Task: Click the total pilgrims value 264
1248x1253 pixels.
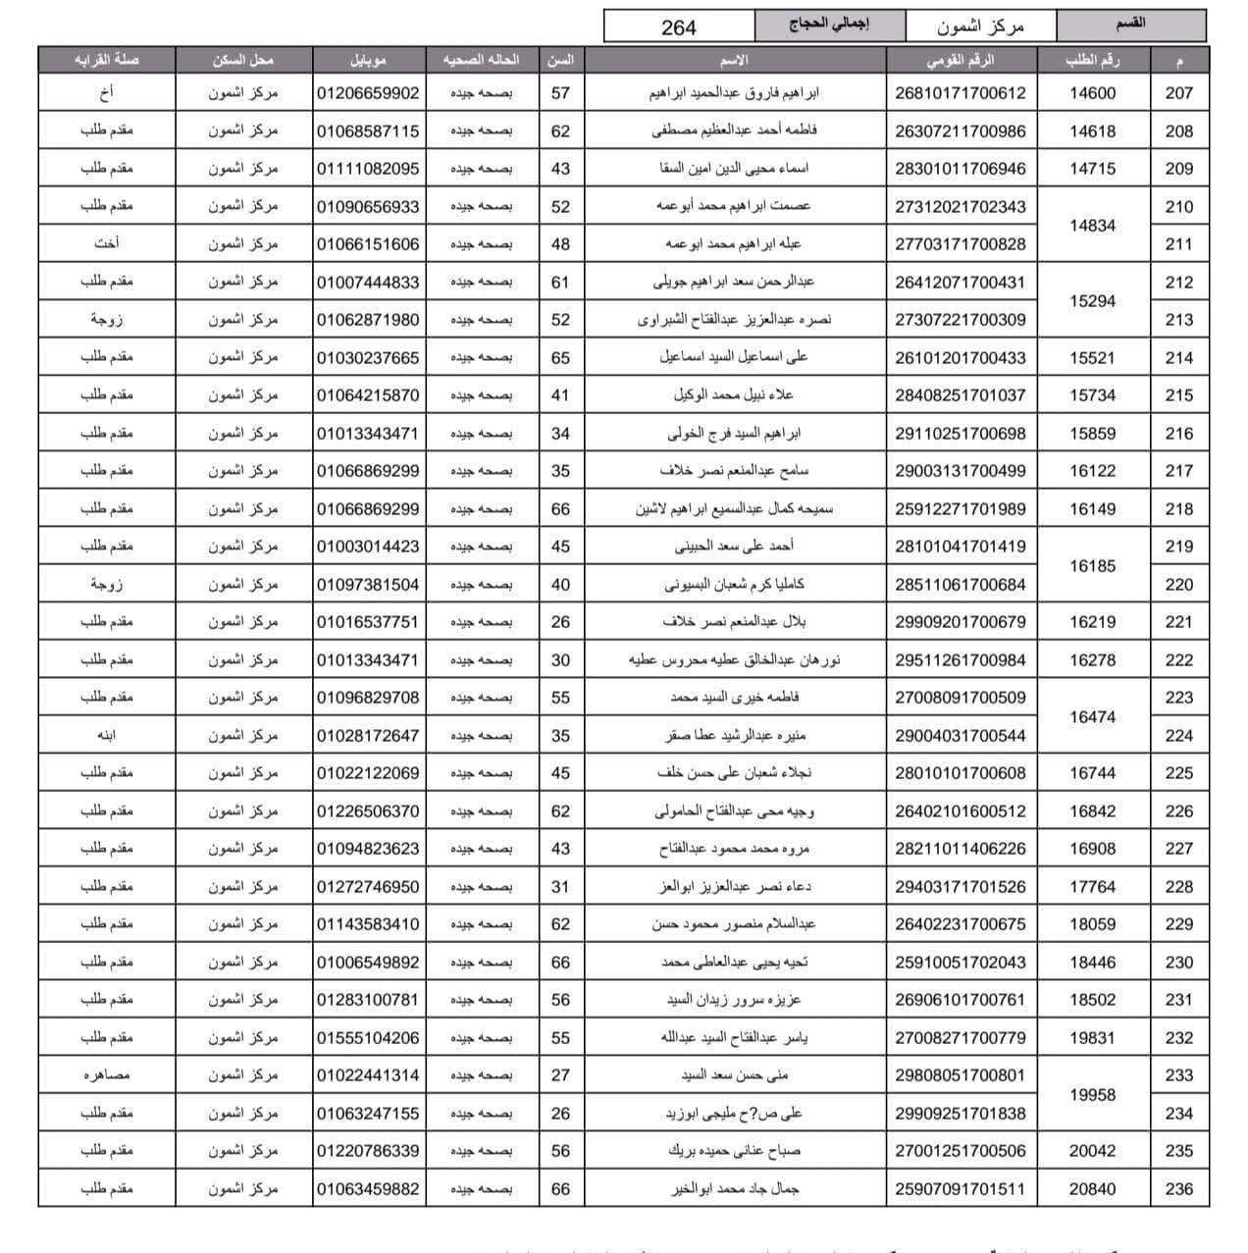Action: (678, 26)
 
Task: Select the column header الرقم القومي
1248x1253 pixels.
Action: (960, 60)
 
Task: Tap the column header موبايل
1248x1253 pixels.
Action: (368, 60)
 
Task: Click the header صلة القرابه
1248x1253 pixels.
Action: (107, 60)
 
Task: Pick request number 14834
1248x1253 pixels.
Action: (1092, 225)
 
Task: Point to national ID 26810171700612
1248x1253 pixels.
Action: (960, 93)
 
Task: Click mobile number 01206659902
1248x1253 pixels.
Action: (368, 93)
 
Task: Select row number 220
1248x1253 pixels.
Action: (1178, 585)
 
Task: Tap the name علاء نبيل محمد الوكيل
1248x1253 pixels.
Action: (734, 395)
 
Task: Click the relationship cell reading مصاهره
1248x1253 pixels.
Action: (107, 1075)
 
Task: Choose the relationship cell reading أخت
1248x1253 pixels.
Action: (107, 244)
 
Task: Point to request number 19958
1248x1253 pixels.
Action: (1092, 1094)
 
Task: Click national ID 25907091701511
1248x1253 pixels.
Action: (960, 1189)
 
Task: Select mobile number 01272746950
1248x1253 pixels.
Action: (368, 887)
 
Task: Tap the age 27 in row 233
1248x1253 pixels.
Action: (560, 1075)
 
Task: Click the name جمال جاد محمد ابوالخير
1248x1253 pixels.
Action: (734, 1189)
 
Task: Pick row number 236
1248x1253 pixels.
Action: (1178, 1189)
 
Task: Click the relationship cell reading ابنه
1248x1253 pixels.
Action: (107, 736)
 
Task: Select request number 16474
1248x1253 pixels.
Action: (1092, 717)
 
